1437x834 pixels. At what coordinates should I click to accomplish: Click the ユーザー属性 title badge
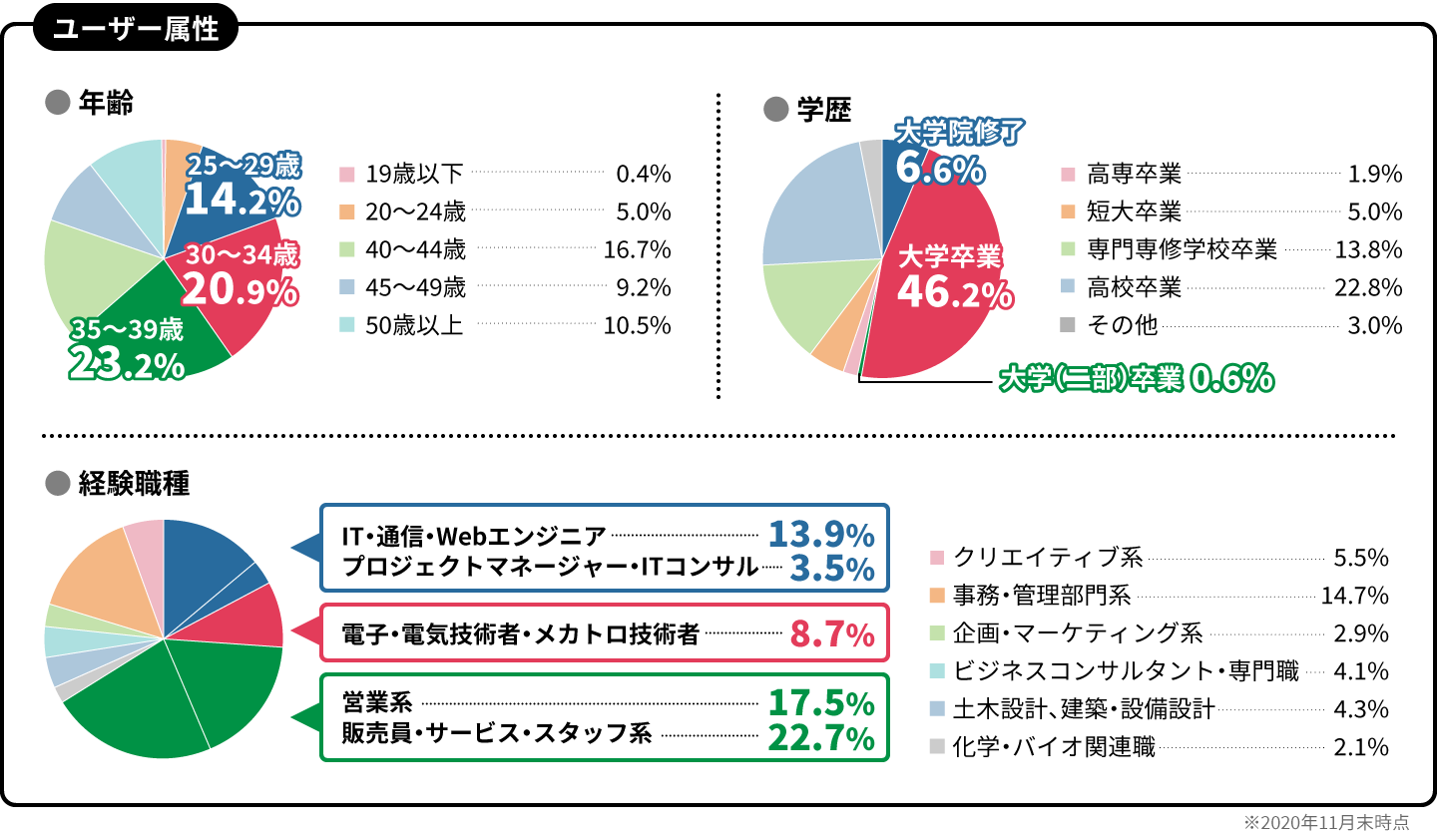coord(136,29)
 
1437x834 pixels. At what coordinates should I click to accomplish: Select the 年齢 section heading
coord(105,103)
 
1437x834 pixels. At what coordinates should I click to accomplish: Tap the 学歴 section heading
coord(823,110)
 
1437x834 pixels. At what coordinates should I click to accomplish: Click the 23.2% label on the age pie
coord(127,365)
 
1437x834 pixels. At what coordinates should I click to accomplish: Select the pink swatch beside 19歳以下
coord(347,175)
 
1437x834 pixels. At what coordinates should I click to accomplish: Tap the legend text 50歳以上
coord(414,326)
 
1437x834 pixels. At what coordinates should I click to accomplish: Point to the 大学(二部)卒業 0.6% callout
coord(1136,378)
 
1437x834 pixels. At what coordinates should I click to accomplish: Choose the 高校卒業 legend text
coord(1134,288)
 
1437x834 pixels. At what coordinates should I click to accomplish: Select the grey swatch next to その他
coord(1067,326)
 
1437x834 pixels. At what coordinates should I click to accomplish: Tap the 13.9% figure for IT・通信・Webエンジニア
coord(820,535)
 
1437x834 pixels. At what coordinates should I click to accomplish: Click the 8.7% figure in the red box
coord(831,633)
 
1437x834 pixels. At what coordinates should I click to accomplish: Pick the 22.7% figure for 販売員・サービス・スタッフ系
coord(820,737)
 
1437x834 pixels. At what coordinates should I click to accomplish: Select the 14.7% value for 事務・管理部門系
coord(1354,597)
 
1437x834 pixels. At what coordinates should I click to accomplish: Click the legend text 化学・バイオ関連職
coord(1054,747)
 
